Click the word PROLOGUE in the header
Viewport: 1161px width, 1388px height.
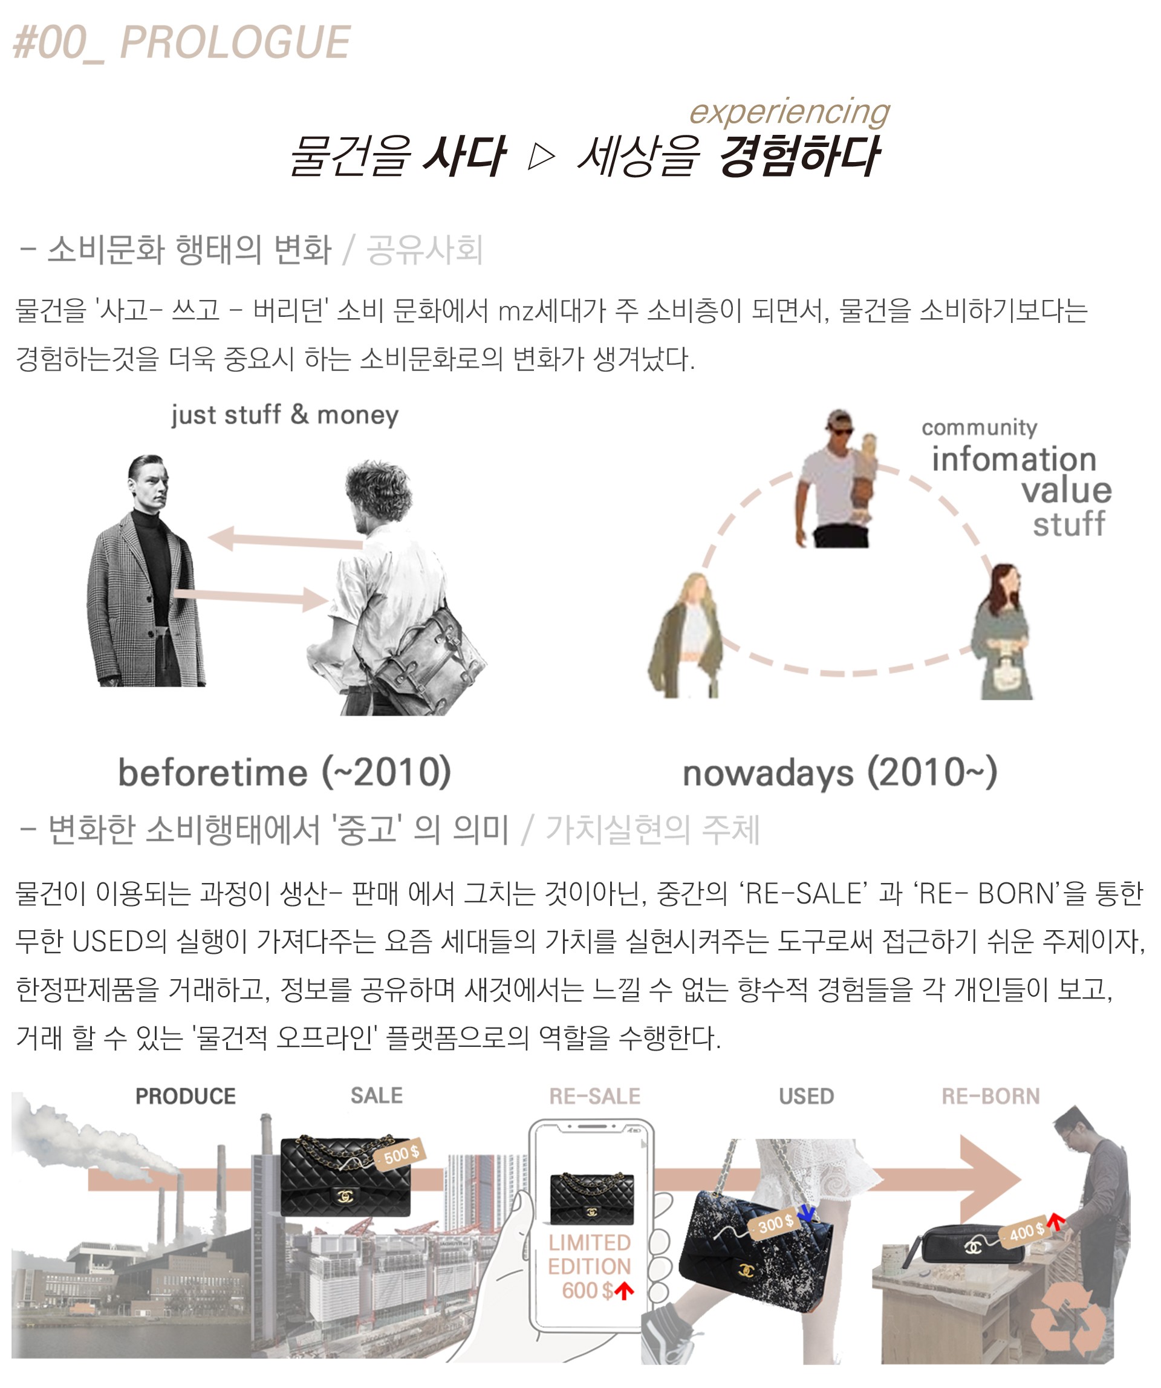point(235,42)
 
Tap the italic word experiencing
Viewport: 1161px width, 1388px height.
point(789,112)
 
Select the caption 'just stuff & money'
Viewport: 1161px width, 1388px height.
point(285,415)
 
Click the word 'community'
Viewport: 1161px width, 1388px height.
point(979,428)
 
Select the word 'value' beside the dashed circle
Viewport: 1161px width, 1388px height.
point(1066,490)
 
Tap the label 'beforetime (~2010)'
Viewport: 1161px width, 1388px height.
point(284,772)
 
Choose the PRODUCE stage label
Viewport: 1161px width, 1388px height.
point(186,1096)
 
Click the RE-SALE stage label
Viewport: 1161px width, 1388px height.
point(594,1096)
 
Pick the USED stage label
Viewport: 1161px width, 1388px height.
point(806,1096)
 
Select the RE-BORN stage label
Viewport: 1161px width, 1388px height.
point(990,1096)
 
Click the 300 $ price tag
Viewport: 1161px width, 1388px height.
point(775,1224)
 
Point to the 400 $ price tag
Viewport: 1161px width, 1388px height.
point(1026,1231)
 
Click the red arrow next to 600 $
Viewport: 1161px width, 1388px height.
point(624,1291)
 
